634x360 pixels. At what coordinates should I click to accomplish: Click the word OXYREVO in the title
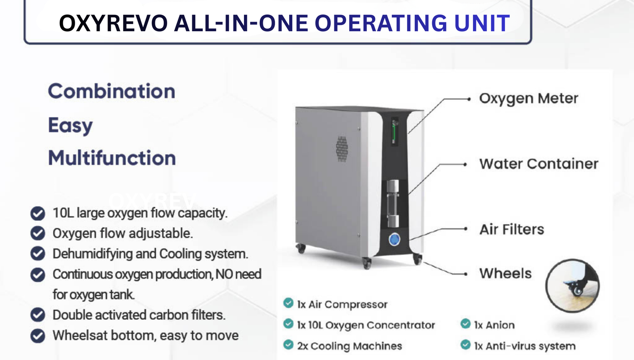[113, 23]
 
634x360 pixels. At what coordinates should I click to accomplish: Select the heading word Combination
[111, 91]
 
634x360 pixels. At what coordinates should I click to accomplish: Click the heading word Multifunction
[111, 158]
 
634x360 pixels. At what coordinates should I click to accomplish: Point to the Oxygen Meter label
[528, 99]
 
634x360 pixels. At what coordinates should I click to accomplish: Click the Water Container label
[538, 164]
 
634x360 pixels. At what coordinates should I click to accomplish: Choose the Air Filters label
[511, 229]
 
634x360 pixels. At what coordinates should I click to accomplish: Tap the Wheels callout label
[505, 274]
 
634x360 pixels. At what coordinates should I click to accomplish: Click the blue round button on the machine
[394, 239]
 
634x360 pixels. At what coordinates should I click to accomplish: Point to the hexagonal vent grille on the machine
[342, 148]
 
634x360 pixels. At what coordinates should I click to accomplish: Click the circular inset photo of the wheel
[572, 285]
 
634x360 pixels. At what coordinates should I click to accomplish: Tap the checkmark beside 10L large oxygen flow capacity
[38, 214]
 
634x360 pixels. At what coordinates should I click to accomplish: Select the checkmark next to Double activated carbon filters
[38, 315]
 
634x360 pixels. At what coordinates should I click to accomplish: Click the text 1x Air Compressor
[342, 304]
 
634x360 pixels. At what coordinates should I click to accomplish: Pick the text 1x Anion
[494, 325]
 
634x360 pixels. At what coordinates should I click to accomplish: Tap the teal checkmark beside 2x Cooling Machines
[288, 345]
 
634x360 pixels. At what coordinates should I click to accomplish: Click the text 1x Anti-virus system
[524, 346]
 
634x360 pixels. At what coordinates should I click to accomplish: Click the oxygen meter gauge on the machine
[394, 132]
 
